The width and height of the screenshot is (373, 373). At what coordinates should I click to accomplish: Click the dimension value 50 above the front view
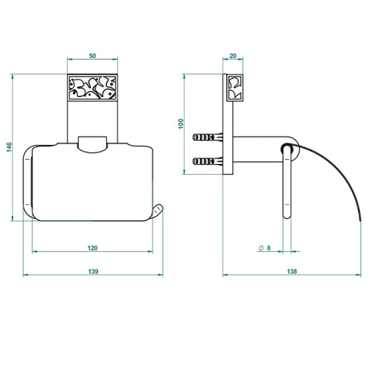point(93,56)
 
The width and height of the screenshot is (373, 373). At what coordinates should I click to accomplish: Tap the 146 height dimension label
point(9,147)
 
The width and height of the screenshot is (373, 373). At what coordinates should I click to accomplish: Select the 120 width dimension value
point(93,248)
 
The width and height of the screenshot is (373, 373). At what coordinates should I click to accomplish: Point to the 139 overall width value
point(93,271)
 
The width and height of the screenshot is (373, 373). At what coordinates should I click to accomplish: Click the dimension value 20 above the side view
point(233,56)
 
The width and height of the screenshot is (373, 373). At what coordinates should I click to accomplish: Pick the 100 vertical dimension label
point(181,124)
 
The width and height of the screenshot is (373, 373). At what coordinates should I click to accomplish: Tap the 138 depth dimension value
point(292,271)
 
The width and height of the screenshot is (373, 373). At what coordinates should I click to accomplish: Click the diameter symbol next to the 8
point(261,248)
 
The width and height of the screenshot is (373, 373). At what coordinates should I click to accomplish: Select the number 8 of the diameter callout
point(269,248)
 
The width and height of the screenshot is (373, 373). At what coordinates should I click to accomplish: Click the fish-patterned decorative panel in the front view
point(93,87)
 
